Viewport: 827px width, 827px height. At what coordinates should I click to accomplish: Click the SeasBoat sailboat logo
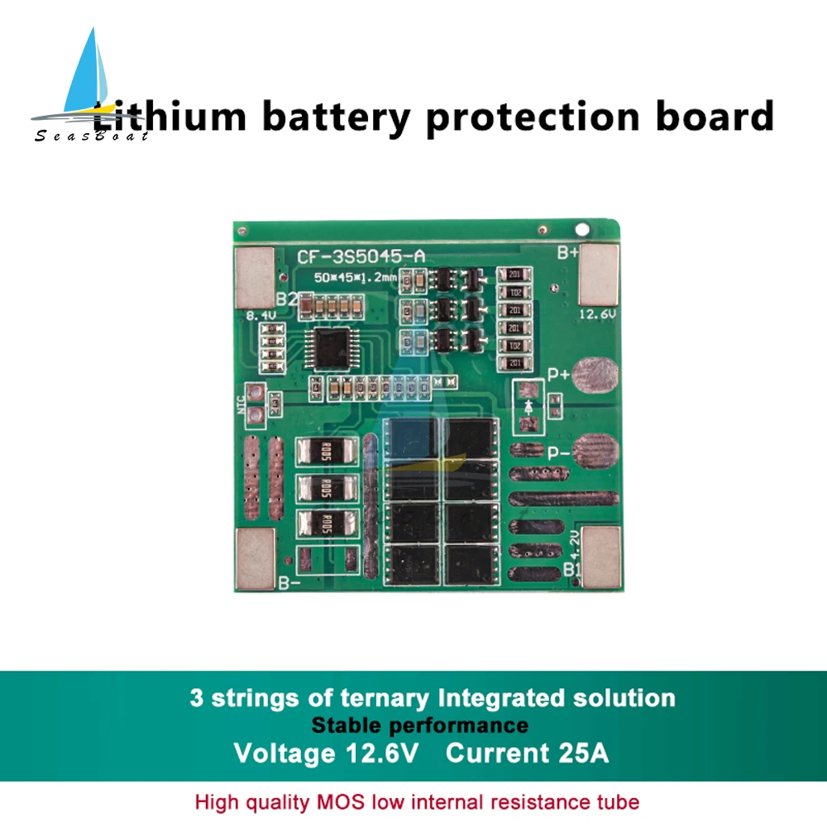[88, 87]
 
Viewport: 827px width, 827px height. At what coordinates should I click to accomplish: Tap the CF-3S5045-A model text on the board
[361, 256]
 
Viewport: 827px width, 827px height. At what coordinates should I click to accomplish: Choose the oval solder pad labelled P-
[595, 452]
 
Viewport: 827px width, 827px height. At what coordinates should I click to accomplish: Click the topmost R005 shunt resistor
[326, 452]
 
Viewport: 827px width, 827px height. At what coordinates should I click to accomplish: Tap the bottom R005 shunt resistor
[326, 523]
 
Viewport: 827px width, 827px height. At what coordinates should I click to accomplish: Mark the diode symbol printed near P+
[528, 405]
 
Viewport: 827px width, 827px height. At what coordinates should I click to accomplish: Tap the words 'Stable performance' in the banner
[419, 725]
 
